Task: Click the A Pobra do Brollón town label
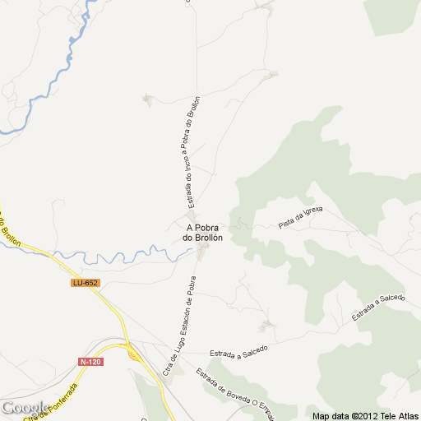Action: [x=204, y=233]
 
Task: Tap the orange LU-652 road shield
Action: [x=85, y=283]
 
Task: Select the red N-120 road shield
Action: [x=90, y=361]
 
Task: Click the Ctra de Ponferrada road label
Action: [x=53, y=402]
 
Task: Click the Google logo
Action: [x=25, y=408]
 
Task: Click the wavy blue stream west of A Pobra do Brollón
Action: [x=123, y=257]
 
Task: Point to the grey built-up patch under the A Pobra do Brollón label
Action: [x=202, y=249]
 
